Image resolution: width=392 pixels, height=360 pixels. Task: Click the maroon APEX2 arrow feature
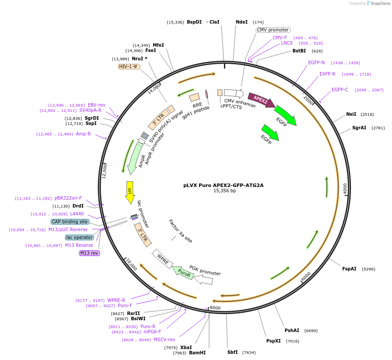(261, 100)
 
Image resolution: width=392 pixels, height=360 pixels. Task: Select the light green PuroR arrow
(183, 273)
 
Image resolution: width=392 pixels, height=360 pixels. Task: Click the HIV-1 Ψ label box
(129, 66)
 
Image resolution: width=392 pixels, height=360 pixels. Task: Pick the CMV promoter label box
(272, 30)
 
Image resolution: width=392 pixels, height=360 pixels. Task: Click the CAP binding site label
(70, 222)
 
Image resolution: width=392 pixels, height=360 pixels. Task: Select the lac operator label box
(79, 237)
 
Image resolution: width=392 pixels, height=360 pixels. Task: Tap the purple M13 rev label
(89, 253)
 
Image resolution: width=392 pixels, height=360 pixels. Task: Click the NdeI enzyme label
(241, 22)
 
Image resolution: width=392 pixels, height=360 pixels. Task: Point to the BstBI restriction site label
(299, 51)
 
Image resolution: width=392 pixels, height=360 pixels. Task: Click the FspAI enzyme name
(349, 269)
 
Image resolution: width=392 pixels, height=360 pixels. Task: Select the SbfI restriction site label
(233, 352)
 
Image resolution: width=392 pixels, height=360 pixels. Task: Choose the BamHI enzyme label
(197, 353)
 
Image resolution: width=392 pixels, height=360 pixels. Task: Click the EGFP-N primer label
(316, 62)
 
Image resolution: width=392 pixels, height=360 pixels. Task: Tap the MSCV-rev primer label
(164, 339)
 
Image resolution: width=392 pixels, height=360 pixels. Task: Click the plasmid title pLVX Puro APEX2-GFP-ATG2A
(224, 185)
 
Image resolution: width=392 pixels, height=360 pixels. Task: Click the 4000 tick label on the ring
(345, 189)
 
